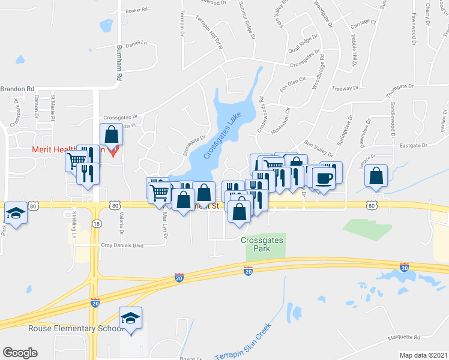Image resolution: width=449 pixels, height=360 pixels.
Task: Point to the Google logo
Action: point(20,353)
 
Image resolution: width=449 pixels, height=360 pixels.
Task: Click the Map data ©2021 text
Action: point(424,355)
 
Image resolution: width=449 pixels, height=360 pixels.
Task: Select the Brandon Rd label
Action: point(17,89)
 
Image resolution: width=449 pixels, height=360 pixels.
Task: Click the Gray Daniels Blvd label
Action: point(122,245)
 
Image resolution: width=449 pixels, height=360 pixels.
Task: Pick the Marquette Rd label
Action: point(404,337)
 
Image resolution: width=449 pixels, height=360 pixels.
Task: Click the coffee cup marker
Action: point(324,178)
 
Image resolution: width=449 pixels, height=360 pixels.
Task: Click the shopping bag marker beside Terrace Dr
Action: point(376,176)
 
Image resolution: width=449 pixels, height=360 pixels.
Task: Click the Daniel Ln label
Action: point(136,43)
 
